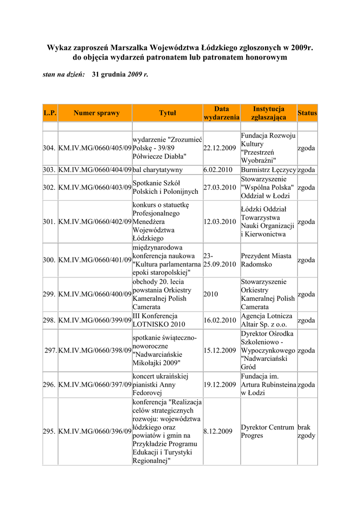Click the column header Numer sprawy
(96, 113)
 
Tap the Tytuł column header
(168, 113)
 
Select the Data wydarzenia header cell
(221, 113)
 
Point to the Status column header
(307, 113)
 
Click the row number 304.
(49, 148)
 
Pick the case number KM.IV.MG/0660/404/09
(95, 170)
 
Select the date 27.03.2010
(219, 187)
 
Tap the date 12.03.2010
(219, 222)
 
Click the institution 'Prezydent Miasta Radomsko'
(266, 260)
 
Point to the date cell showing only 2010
(211, 294)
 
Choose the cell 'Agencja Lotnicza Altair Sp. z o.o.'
(267, 320)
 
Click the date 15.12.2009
(219, 350)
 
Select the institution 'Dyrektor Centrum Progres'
(268, 431)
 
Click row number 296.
(49, 385)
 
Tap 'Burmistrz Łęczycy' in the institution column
(269, 170)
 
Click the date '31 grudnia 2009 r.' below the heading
(120, 74)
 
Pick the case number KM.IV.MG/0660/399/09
(95, 320)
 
